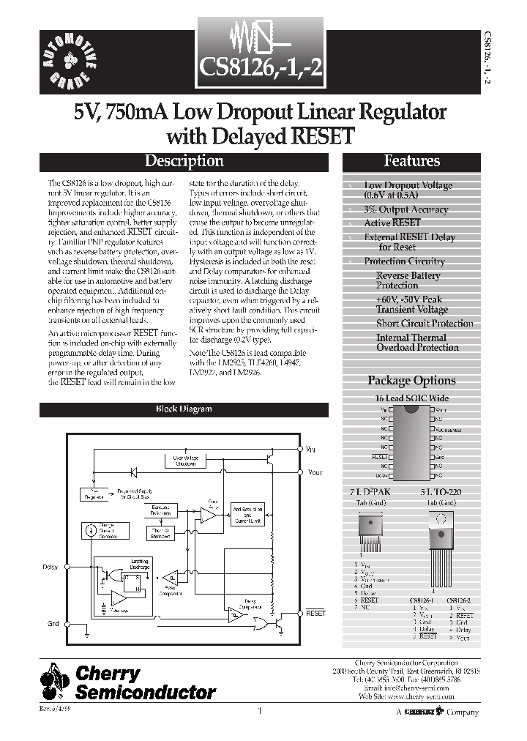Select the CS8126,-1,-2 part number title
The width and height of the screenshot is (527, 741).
261,70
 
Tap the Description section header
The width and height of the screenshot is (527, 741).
184,161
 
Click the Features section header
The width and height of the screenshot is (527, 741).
411,161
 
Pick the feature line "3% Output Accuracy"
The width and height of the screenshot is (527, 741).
405,209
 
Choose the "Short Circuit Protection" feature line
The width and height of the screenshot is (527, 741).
425,323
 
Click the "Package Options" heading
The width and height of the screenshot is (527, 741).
411,380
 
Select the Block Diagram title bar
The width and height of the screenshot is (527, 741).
184,409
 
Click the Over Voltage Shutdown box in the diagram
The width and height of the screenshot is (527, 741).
185,460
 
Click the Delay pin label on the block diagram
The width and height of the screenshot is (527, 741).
51,567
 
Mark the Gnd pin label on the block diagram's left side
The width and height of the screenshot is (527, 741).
53,623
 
